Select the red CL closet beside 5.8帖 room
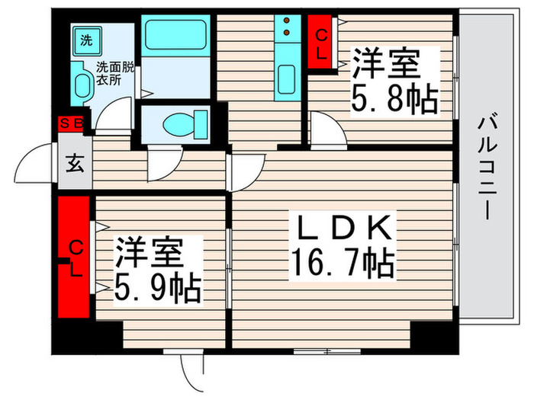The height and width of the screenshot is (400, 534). pos(322,43)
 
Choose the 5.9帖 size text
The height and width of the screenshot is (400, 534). pos(158,287)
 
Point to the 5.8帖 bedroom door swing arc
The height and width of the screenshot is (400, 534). pos(325,127)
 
